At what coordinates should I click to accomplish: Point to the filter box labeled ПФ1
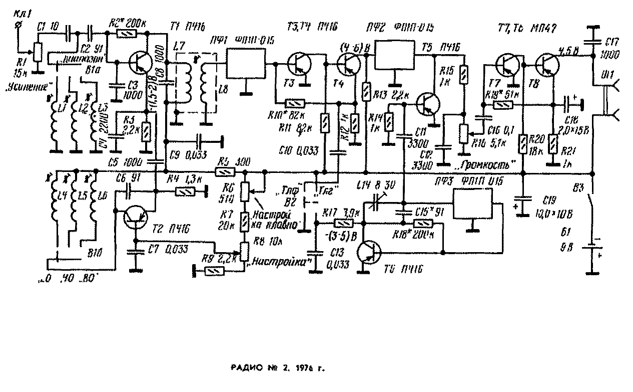tap(246, 64)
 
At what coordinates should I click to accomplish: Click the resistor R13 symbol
tap(366, 92)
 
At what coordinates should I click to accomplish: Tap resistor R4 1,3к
tap(187, 190)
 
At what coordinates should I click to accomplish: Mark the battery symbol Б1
tap(593, 250)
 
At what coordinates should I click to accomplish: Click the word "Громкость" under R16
tap(492, 164)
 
